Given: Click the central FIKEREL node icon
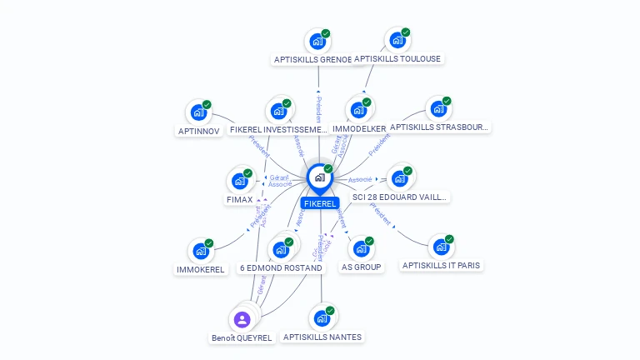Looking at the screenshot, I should tap(319, 177).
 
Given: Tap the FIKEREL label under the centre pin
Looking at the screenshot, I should tap(320, 203).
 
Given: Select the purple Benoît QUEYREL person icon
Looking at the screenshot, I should tap(242, 319).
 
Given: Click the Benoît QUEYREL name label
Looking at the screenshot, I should tap(242, 337).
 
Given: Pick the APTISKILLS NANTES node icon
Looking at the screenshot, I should tap(321, 318).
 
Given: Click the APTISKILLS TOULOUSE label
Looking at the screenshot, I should tap(397, 58).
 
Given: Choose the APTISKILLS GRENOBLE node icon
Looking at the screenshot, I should tap(317, 40).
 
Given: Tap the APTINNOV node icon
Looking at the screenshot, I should tap(198, 112).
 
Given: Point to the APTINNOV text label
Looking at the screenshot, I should tap(199, 131).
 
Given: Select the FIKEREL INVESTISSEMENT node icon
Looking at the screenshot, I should tap(278, 111).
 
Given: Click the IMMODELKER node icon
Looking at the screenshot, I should tap(358, 111).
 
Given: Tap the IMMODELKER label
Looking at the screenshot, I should tap(358, 129).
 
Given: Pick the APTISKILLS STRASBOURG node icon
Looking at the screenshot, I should tap(438, 109).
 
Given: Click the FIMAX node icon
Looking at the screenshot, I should tap(239, 181).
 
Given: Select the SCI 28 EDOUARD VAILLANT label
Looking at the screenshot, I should tap(394, 197).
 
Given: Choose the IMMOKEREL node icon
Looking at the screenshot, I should tap(201, 251).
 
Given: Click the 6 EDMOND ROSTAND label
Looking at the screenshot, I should tap(281, 267).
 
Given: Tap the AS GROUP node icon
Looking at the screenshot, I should tap(361, 248).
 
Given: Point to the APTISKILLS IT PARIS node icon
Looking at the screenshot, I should tap(441, 247).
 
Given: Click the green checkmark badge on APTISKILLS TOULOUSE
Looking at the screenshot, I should tap(406, 32).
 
